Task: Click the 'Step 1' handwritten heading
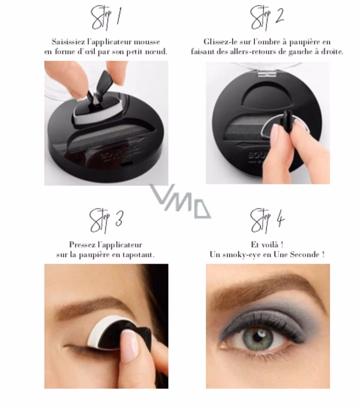click(106, 18)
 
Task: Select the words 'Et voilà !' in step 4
click(267, 245)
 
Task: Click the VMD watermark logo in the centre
click(180, 201)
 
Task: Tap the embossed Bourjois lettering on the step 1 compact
click(120, 153)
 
